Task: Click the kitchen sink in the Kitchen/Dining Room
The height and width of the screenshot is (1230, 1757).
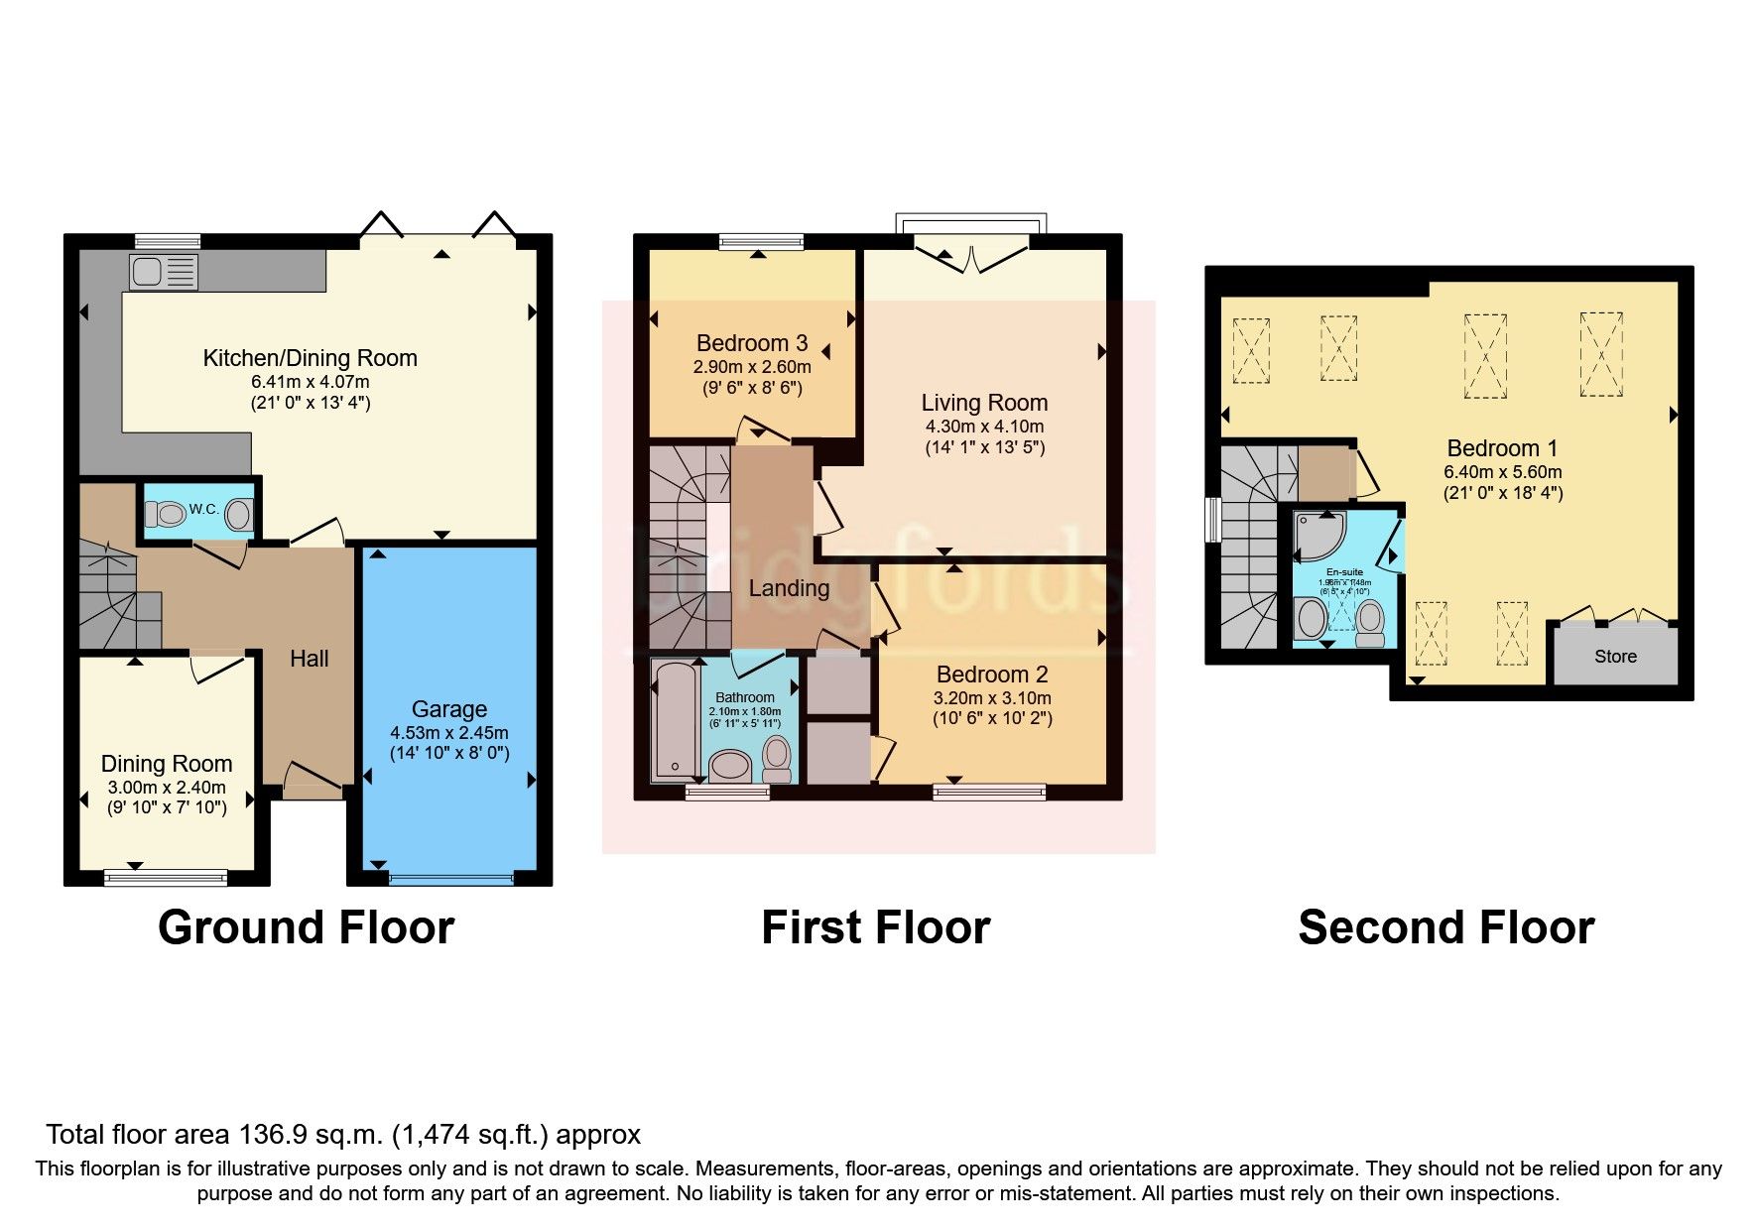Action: [x=163, y=272]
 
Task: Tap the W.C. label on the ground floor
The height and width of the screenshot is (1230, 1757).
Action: [x=203, y=509]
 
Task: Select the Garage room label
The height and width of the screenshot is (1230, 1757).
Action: [x=449, y=709]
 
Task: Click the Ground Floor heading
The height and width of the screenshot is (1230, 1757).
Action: [x=306, y=927]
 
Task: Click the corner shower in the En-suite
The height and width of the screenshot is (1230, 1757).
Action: [x=1318, y=536]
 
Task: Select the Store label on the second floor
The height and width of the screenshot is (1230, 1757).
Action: [x=1615, y=657]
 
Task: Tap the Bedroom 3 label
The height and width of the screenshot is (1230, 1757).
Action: [x=752, y=343]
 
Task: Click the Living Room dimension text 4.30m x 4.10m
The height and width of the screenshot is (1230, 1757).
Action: [x=984, y=427]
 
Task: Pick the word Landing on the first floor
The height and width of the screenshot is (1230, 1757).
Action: [x=789, y=588]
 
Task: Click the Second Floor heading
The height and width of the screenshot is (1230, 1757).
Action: [x=1445, y=927]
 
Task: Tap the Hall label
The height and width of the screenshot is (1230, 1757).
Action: [x=309, y=659]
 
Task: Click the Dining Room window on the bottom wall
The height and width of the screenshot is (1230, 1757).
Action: [x=166, y=877]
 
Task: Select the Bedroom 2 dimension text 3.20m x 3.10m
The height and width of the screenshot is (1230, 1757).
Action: [x=992, y=698]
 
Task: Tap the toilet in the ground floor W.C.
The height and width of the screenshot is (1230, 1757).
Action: [x=166, y=514]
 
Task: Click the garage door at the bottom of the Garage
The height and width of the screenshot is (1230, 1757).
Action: [x=451, y=878]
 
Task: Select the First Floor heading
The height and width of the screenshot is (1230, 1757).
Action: [x=875, y=927]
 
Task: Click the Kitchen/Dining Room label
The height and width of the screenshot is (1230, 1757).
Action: [x=310, y=358]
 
